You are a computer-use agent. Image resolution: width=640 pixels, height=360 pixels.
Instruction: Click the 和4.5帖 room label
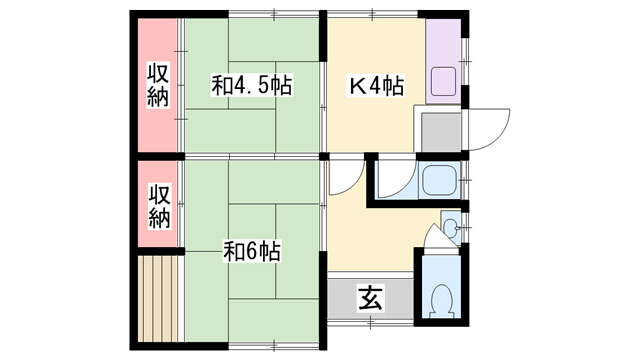point(251,85)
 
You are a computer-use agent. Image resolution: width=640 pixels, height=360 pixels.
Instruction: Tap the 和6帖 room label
point(252,251)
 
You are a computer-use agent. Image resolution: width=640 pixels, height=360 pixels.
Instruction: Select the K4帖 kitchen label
point(376,86)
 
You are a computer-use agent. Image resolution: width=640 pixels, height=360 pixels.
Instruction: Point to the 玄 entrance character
point(371,298)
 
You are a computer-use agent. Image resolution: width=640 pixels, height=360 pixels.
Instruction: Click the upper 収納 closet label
point(158,85)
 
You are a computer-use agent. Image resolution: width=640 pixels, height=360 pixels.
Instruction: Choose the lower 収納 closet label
point(159,206)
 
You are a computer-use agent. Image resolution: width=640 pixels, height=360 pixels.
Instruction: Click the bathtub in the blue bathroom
point(438,180)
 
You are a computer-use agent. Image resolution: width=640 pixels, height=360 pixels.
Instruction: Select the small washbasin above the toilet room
point(451,228)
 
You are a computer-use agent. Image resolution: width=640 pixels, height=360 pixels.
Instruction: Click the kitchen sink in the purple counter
point(444,82)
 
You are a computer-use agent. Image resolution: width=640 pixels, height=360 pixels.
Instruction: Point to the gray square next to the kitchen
point(441,132)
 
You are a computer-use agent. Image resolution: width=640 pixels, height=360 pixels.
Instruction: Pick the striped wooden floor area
point(158,298)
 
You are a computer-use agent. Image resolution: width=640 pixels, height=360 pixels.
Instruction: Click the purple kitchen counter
point(443,61)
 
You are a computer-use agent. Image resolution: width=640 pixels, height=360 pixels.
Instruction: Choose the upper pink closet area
point(158,85)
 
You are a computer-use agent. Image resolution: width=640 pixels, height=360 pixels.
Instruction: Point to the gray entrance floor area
point(371,298)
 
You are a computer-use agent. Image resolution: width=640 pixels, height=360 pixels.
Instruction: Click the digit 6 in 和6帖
point(251,252)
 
